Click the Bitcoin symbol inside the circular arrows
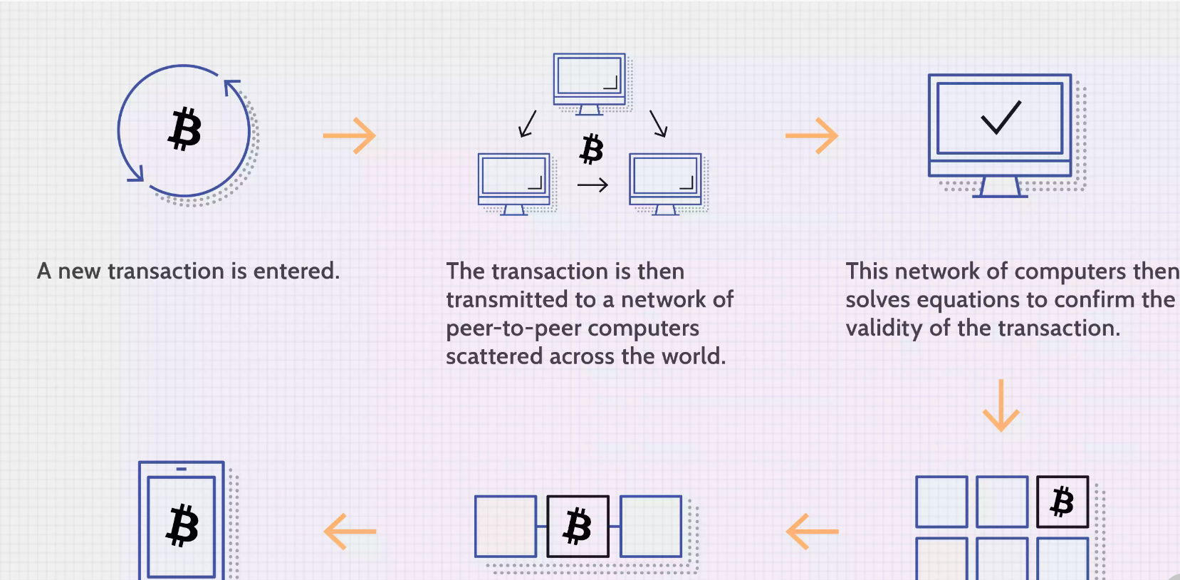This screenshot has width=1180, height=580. (x=185, y=129)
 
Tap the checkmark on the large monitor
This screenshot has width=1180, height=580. (x=1001, y=118)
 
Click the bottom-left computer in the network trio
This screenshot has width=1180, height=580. (x=513, y=182)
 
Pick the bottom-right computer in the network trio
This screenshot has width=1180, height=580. (x=665, y=182)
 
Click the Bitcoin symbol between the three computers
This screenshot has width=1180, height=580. (x=591, y=149)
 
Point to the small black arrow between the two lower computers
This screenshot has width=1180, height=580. (x=592, y=185)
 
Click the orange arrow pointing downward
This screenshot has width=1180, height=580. (x=1001, y=405)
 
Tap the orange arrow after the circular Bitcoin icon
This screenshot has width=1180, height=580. (x=349, y=135)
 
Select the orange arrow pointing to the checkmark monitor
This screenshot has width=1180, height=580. (x=812, y=135)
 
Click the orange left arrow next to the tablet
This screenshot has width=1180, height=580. (x=350, y=532)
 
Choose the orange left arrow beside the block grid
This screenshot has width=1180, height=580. (x=813, y=532)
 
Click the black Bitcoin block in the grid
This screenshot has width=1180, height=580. (x=1062, y=502)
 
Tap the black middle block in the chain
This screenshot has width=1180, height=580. (x=578, y=527)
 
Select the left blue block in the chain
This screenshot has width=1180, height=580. (x=506, y=527)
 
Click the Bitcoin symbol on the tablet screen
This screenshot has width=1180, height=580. (x=182, y=526)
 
